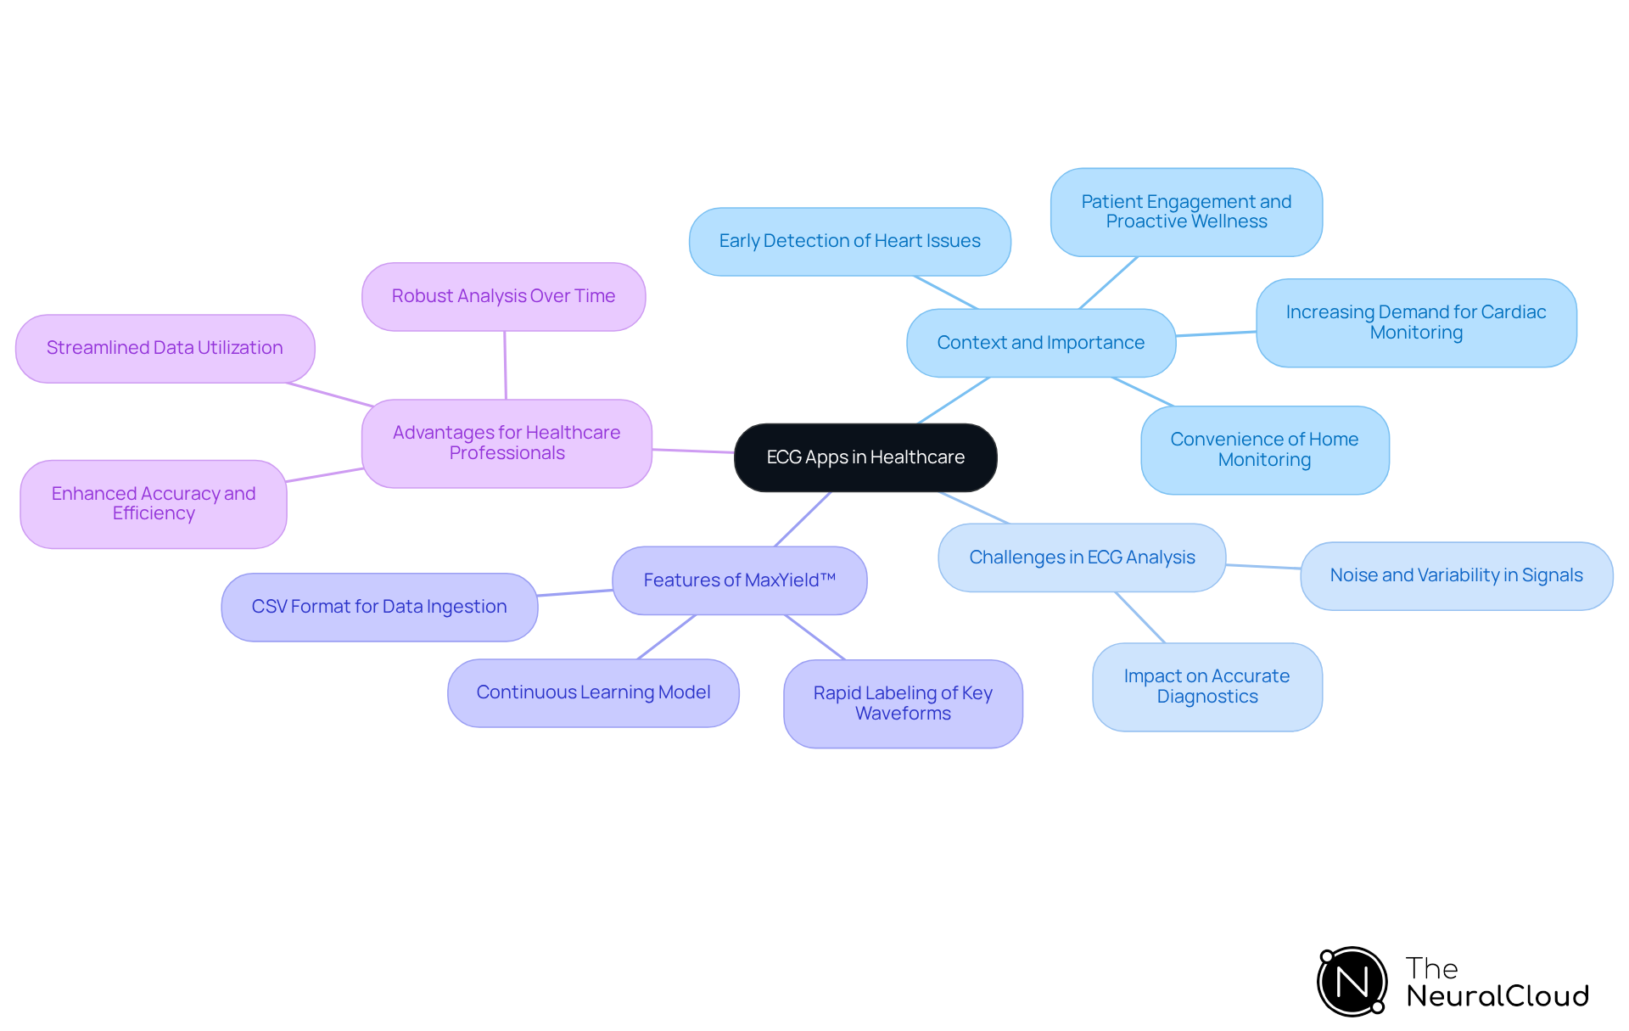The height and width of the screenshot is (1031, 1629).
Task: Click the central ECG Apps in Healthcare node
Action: click(x=865, y=457)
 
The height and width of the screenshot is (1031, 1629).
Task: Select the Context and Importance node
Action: click(x=1041, y=343)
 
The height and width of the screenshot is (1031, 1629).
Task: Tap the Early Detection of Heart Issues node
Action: click(x=849, y=242)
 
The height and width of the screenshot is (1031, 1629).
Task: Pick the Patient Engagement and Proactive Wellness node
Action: click(x=1186, y=212)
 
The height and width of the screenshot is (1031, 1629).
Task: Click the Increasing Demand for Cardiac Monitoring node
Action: click(x=1416, y=322)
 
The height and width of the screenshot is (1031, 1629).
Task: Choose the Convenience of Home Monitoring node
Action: click(x=1264, y=450)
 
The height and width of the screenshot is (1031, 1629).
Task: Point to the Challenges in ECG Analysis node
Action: click(x=1082, y=558)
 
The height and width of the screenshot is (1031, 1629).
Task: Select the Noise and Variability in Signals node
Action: click(x=1456, y=575)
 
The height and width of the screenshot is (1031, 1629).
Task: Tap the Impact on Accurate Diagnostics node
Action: click(x=1206, y=686)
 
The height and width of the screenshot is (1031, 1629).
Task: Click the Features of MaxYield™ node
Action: click(x=739, y=580)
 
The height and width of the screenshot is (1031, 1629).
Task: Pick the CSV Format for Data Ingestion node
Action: click(x=379, y=607)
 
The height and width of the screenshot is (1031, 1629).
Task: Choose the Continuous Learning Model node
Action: click(x=593, y=692)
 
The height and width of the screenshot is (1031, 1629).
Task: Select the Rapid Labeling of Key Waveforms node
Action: click(x=903, y=703)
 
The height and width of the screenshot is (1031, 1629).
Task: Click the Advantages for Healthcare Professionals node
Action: click(x=507, y=443)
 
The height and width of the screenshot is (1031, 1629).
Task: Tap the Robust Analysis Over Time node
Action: click(x=503, y=296)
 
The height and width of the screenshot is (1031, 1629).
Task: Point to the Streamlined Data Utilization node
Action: click(x=165, y=348)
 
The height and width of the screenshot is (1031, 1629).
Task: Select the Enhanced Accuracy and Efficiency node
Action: click(x=154, y=503)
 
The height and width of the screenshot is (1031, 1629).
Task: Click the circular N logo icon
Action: click(x=1352, y=982)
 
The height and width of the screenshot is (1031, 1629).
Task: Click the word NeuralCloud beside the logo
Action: click(x=1497, y=996)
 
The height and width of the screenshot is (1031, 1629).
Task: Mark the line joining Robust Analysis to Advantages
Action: click(x=506, y=365)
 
